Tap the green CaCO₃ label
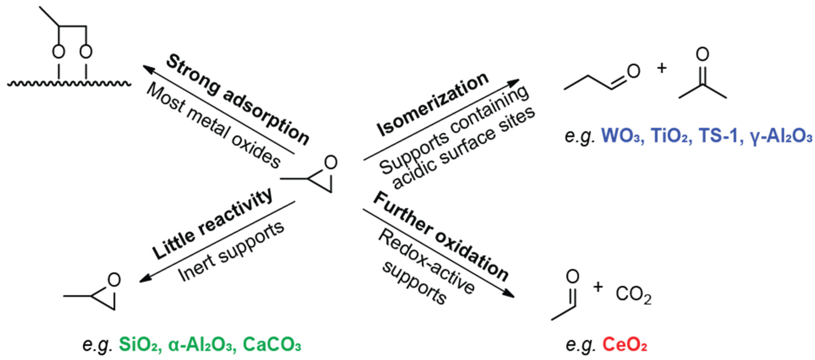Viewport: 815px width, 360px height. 271,345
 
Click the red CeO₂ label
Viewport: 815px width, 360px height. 624,345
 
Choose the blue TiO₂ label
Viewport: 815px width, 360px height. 671,136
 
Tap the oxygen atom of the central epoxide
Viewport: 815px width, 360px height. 331,163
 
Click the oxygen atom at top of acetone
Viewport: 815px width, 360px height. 702,54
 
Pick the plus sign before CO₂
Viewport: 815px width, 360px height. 598,287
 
